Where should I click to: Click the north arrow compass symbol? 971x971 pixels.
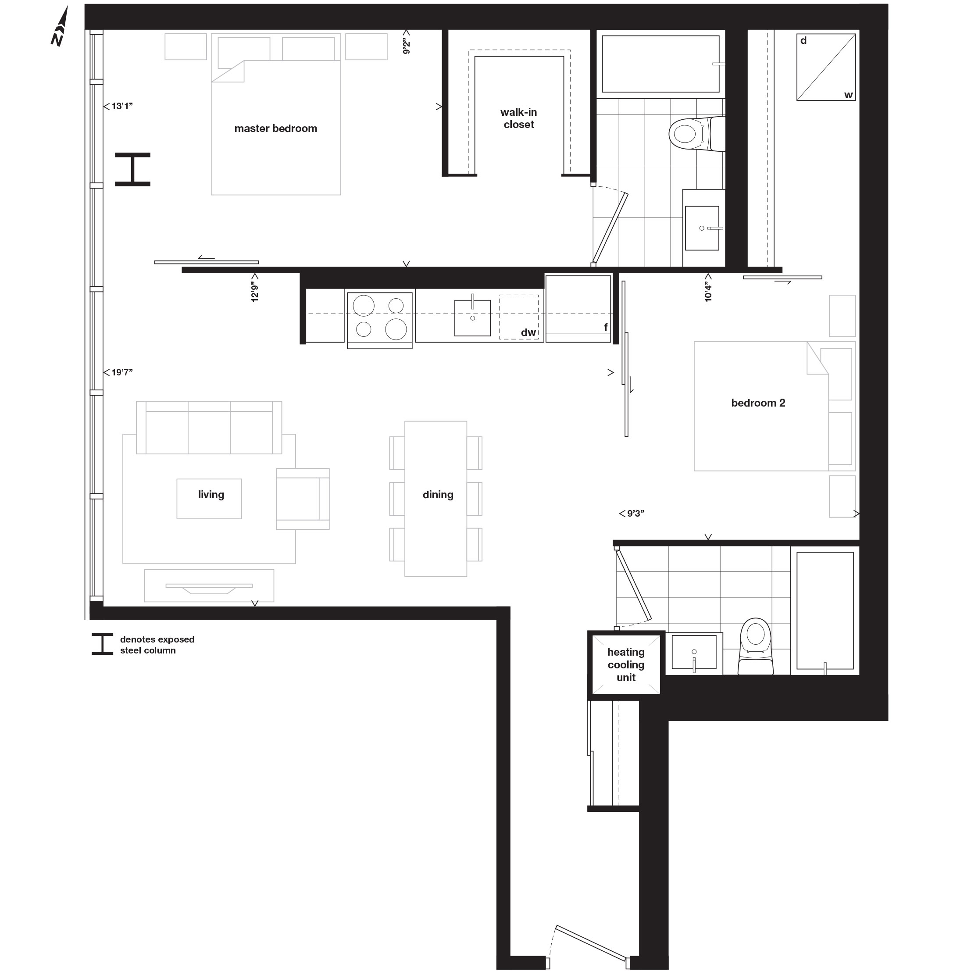(60, 28)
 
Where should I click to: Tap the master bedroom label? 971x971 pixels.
(275, 129)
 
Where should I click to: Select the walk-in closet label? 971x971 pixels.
(519, 118)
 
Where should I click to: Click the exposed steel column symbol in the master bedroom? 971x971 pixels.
(133, 169)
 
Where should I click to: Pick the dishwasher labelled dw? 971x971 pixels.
(519, 317)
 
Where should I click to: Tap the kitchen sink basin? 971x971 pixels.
(472, 318)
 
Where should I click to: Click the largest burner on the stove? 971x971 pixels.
(396, 329)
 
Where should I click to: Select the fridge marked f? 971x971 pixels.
(578, 308)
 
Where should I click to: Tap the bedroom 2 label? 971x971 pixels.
(758, 403)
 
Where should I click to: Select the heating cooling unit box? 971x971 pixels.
(626, 665)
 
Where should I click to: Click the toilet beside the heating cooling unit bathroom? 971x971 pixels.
(755, 647)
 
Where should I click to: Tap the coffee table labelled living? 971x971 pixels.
(209, 499)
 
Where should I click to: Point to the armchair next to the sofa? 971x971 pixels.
(302, 499)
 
